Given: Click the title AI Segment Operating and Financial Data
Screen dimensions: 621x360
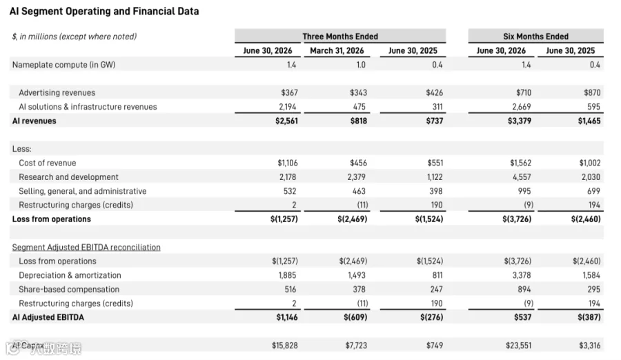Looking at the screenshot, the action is click(x=104, y=11).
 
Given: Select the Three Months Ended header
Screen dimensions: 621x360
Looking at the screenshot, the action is click(x=340, y=37).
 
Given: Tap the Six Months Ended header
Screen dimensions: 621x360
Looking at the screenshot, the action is click(x=536, y=37).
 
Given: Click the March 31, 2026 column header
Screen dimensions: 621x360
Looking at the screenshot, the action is click(x=337, y=51).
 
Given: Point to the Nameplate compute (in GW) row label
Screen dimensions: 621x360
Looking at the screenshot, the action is click(x=63, y=65).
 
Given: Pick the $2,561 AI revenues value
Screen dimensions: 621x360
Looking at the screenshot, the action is click(x=286, y=121).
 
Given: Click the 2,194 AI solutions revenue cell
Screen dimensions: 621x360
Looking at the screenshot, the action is click(x=287, y=107).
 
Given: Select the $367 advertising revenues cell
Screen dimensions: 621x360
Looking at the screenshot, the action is click(x=289, y=92).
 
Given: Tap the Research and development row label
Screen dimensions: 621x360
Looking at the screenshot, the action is click(x=68, y=177).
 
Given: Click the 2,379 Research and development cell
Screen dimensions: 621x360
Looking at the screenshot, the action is click(x=357, y=177).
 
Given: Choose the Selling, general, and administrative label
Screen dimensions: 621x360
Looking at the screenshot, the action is click(x=82, y=191).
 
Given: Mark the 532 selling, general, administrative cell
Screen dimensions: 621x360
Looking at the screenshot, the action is click(x=290, y=191).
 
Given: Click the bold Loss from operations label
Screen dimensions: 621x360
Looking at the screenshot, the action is click(x=52, y=219).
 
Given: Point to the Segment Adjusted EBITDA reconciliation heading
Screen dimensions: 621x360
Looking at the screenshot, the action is click(x=86, y=247).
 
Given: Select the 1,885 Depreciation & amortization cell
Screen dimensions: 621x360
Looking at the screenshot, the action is click(x=287, y=275).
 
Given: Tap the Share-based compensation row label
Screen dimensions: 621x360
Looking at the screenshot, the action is click(x=69, y=290).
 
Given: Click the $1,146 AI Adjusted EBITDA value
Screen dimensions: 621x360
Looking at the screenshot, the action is click(x=287, y=317).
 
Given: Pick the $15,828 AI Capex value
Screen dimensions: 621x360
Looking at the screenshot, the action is click(x=285, y=346).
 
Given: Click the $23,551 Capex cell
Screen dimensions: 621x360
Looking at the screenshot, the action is click(x=518, y=346).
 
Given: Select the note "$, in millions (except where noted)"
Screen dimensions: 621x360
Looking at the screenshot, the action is click(x=75, y=37).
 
